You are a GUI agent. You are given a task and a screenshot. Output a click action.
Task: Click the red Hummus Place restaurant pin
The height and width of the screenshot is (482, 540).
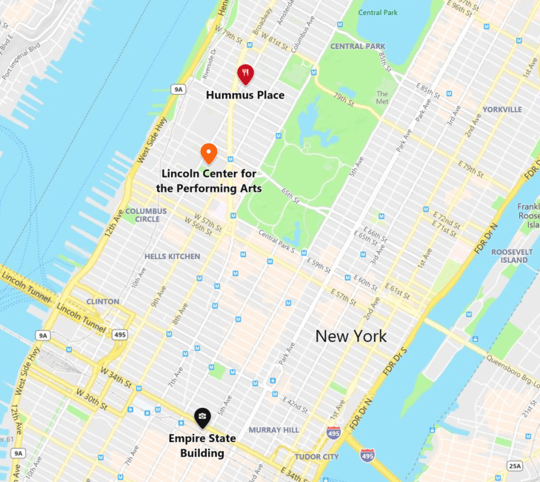[245, 73]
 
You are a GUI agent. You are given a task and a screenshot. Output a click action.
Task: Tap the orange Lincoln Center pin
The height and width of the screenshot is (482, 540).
[209, 153]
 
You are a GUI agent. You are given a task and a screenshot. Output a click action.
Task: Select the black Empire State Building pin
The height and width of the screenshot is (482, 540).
[202, 418]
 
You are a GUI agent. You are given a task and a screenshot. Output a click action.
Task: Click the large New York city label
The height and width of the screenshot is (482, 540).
[350, 336]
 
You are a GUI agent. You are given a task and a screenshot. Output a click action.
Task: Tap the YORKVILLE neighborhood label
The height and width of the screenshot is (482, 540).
[501, 110]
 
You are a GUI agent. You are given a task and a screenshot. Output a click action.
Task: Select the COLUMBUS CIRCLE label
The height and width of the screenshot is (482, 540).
[146, 215]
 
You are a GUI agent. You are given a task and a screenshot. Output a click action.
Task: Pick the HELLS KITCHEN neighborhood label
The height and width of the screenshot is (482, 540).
[173, 256]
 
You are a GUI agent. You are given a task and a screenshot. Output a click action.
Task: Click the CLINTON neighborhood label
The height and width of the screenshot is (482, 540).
[102, 301]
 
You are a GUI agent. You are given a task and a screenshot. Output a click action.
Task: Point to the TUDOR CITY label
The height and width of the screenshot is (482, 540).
[316, 457]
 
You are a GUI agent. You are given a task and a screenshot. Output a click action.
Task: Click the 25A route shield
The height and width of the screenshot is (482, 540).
[515, 466]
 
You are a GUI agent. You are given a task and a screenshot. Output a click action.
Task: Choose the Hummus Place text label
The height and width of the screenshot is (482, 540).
[245, 95]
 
